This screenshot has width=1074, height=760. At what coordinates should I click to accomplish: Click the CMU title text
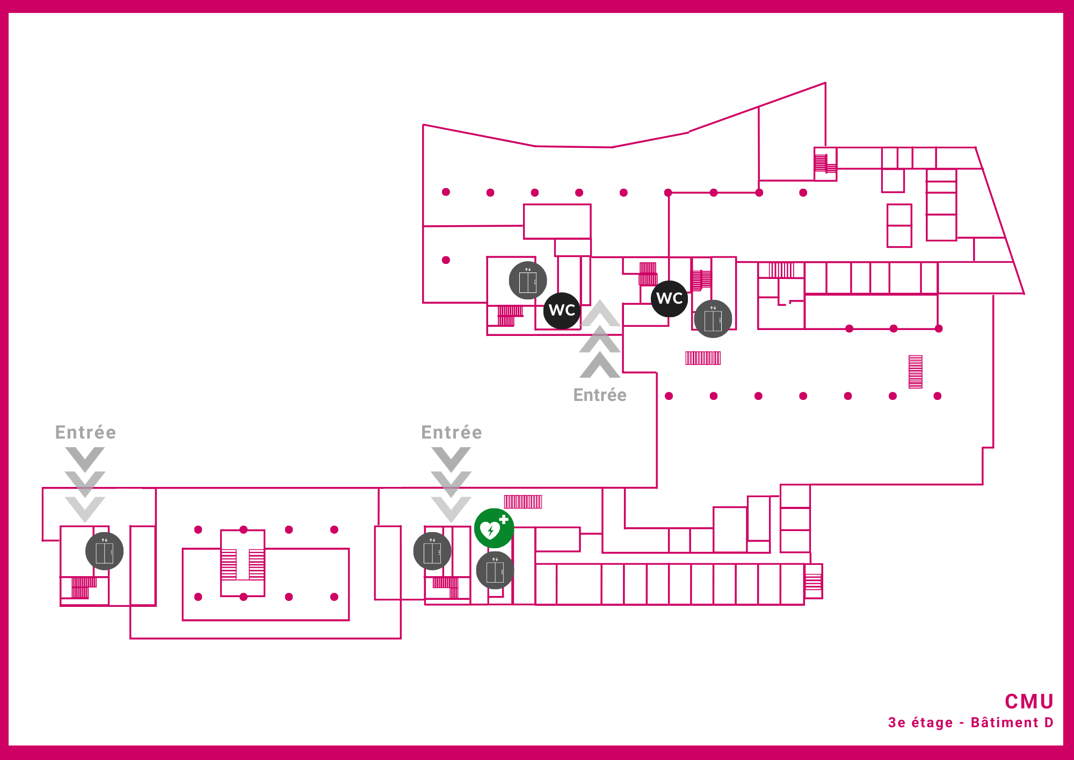pyautogui.click(x=1029, y=701)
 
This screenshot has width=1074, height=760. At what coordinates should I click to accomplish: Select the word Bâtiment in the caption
pyautogui.click(x=1004, y=723)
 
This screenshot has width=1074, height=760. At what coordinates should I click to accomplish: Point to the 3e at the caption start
pyautogui.click(x=897, y=723)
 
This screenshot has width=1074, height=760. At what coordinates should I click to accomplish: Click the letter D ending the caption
pyautogui.click(x=1049, y=723)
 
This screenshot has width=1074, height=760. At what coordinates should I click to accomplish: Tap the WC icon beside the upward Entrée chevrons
pyautogui.click(x=562, y=310)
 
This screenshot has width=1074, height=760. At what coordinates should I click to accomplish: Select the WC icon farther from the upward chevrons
pyautogui.click(x=670, y=298)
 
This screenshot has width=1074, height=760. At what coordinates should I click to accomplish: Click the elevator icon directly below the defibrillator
pyautogui.click(x=495, y=570)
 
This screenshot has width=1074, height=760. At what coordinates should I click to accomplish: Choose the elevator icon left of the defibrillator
pyautogui.click(x=432, y=551)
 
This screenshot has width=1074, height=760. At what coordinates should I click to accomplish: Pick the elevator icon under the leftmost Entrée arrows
pyautogui.click(x=105, y=551)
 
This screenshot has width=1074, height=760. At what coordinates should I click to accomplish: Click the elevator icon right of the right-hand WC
pyautogui.click(x=713, y=319)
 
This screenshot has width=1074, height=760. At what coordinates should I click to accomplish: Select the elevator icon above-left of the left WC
pyautogui.click(x=528, y=281)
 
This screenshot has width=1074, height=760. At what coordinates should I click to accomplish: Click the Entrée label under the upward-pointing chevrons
pyautogui.click(x=600, y=395)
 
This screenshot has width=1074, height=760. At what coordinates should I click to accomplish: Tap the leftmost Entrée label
pyautogui.click(x=85, y=432)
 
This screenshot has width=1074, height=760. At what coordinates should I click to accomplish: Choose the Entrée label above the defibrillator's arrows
pyautogui.click(x=452, y=432)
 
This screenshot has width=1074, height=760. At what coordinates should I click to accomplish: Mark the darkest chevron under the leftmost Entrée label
pyautogui.click(x=85, y=458)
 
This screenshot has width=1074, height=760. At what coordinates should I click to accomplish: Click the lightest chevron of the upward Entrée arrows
pyautogui.click(x=600, y=313)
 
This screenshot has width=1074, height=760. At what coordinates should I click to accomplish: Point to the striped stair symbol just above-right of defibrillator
pyautogui.click(x=523, y=502)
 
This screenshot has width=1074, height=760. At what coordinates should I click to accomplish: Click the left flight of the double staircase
pyautogui.click(x=229, y=564)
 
